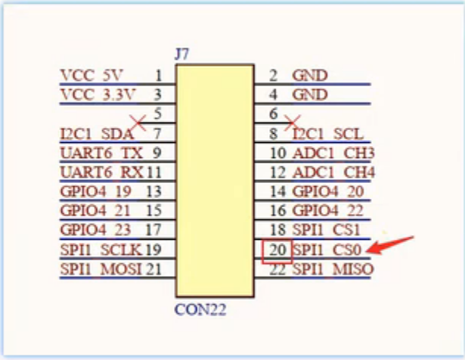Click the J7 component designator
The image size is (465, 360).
[182, 54]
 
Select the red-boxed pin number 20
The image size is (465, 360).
[277, 250]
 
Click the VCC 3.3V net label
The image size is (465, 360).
[98, 95]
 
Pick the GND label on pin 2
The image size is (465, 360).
[310, 75]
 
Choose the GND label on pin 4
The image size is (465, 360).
[310, 95]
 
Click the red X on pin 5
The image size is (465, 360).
[138, 121]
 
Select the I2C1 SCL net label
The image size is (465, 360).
[327, 135]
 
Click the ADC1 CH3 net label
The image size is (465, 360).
[333, 154]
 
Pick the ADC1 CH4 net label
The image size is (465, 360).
[333, 172]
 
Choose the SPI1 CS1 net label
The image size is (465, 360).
[326, 230]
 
